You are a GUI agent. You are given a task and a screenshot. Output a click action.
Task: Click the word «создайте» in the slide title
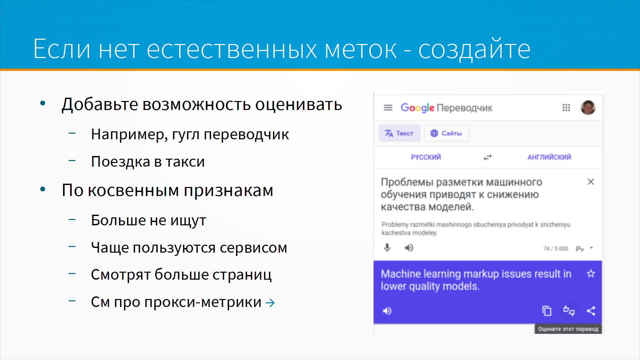click(x=474, y=49)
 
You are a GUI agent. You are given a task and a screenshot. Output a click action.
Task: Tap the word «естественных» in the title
click(x=232, y=49)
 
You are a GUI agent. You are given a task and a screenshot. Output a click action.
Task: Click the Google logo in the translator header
click(x=417, y=108)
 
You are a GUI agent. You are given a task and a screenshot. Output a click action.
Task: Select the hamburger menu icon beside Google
click(x=388, y=108)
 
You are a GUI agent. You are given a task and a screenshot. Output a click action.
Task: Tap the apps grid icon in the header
click(x=566, y=108)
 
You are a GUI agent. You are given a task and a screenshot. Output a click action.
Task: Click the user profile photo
click(x=588, y=107)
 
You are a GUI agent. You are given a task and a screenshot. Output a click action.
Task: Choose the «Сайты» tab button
click(x=446, y=133)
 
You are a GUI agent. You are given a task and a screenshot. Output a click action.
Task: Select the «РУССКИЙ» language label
click(x=426, y=157)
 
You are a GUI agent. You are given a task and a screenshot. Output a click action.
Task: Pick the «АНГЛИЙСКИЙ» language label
click(x=549, y=157)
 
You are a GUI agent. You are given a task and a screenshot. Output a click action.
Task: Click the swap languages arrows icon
click(x=488, y=157)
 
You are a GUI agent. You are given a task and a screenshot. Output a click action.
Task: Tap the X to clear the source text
click(x=591, y=182)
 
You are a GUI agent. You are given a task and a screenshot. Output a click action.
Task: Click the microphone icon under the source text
click(x=387, y=248)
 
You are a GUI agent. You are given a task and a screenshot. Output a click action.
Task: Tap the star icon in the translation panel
click(x=591, y=274)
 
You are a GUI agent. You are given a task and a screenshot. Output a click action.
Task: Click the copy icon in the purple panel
click(x=547, y=311)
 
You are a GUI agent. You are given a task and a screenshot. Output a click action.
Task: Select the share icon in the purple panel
click(x=591, y=311)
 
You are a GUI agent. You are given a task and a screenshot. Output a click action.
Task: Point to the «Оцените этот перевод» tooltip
click(x=568, y=329)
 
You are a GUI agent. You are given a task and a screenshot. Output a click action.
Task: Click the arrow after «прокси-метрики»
click(x=270, y=303)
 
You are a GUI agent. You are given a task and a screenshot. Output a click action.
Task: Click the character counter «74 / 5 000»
click(x=555, y=249)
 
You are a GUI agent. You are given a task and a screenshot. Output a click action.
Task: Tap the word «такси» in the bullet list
click(x=185, y=162)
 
